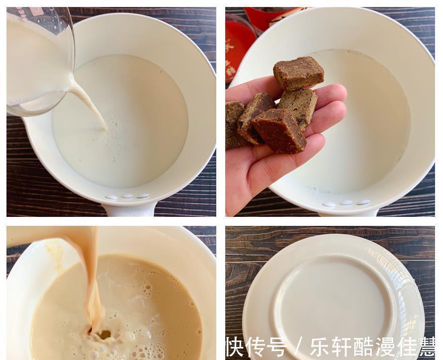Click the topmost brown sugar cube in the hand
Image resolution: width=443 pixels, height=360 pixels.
point(298,72)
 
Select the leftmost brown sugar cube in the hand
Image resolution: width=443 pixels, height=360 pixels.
point(233,125)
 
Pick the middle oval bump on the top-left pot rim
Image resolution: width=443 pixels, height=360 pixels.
point(128,196)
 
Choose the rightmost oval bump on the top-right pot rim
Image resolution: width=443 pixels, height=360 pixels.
point(364,202)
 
